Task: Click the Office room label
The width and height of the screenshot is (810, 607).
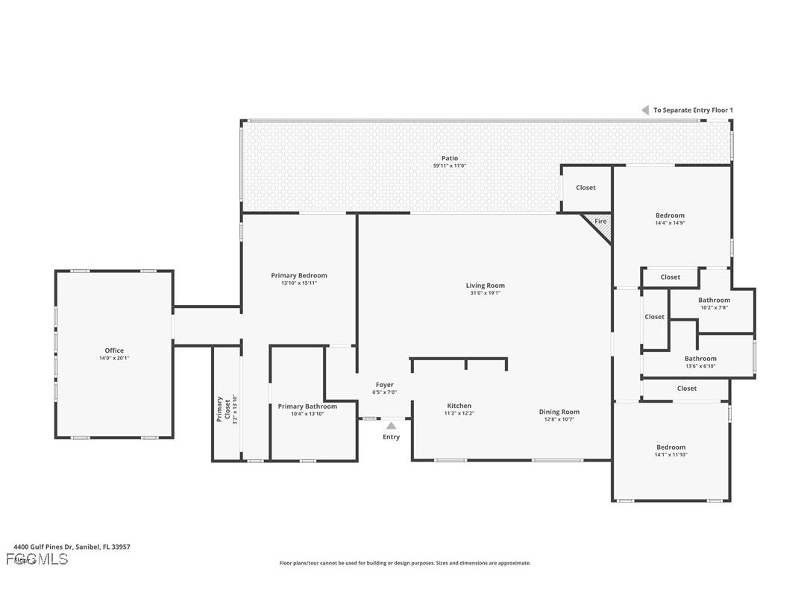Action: click(114, 350)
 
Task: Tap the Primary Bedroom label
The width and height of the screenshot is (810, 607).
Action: click(299, 275)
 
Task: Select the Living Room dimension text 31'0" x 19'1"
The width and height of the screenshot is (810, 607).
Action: click(486, 293)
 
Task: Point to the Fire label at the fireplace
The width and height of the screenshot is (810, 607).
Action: click(600, 221)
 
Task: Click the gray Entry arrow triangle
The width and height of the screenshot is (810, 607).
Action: click(391, 426)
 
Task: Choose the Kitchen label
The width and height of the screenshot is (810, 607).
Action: click(459, 406)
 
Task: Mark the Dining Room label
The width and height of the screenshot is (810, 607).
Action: click(559, 412)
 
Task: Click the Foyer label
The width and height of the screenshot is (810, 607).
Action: click(385, 385)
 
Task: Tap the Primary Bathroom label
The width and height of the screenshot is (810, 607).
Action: click(307, 406)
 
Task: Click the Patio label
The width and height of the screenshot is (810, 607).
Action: click(450, 158)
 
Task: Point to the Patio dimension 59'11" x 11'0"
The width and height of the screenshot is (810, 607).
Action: click(450, 166)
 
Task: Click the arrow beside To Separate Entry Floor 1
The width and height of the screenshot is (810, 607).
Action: click(645, 110)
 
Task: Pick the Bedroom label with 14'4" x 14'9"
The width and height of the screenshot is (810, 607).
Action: click(670, 216)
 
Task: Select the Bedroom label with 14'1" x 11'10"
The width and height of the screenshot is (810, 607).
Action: click(671, 447)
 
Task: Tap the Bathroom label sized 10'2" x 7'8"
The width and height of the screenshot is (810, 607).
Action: click(714, 301)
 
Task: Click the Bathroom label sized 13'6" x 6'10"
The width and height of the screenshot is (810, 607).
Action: click(700, 359)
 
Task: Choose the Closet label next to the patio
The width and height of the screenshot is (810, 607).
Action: click(586, 188)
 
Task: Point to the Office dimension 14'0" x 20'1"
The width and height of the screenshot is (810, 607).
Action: click(114, 359)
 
